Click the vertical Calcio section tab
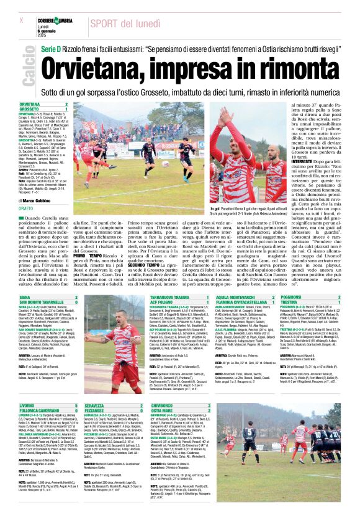[x=27, y=71]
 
